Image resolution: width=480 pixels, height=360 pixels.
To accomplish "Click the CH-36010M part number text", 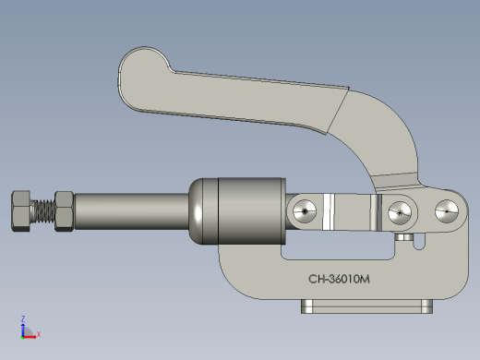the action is tap(339, 279).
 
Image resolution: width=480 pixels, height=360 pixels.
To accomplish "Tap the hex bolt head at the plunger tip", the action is tap(21, 210).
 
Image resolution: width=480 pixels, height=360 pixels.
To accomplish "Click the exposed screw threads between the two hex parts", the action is tap(43, 211).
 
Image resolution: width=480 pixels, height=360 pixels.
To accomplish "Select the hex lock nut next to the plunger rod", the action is tap(64, 211).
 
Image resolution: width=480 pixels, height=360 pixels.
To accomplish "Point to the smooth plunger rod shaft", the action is tap(131, 211).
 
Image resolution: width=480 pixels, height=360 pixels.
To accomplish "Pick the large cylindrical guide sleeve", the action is tap(252, 211).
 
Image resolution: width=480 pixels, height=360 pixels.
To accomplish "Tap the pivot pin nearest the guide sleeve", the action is tap(305, 211).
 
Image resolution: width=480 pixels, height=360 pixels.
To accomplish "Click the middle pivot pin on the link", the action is tap(400, 212).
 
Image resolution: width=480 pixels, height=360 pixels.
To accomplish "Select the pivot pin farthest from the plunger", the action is tap(447, 211).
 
